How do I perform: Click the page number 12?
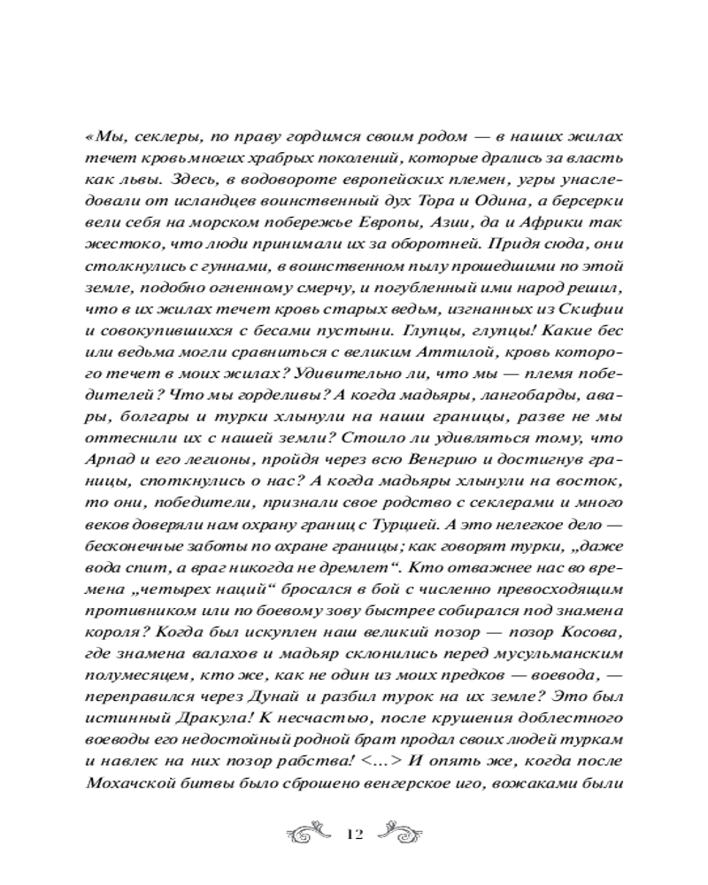pos(354,835)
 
